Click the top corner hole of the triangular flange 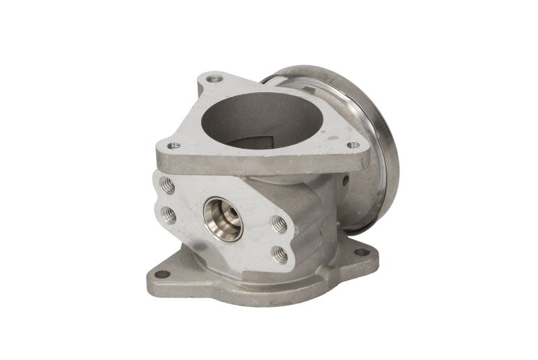(215, 79)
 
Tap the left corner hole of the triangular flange (174, 145)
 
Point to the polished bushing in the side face (223, 219)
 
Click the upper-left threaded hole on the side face (168, 185)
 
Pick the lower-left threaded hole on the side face (168, 215)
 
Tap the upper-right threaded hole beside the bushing (279, 224)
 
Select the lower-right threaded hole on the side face (280, 254)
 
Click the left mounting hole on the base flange (162, 274)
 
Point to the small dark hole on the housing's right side (345, 180)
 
